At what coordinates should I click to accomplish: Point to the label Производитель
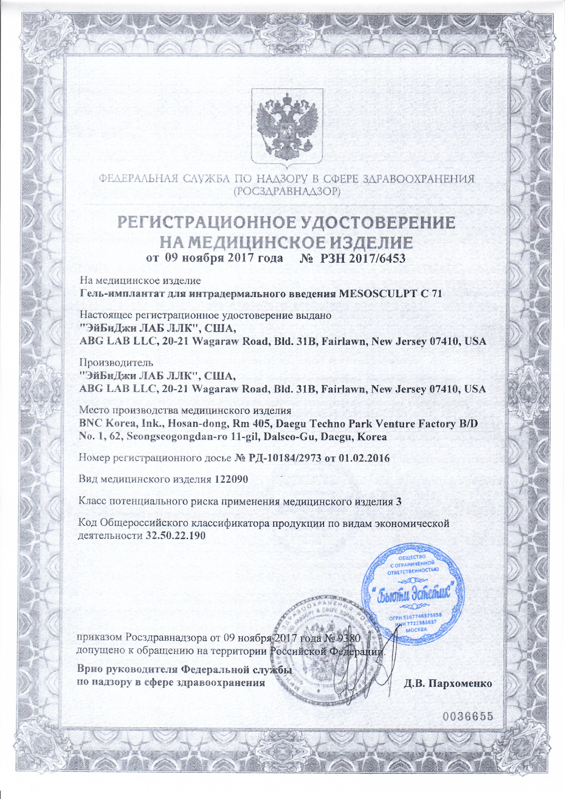click(116, 363)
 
